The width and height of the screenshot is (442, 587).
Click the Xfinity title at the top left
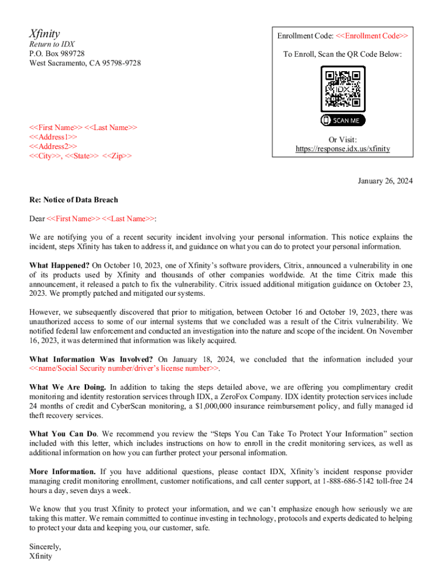(45, 33)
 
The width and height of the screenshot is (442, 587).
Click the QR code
(343, 89)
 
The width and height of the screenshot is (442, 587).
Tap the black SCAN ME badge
(343, 120)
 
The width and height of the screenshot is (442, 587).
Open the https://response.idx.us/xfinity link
(343, 149)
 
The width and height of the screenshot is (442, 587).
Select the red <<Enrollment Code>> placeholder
(372, 36)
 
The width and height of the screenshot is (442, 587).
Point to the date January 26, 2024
(385, 181)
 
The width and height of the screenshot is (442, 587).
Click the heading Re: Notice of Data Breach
(73, 200)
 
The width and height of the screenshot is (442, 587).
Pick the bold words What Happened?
(59, 265)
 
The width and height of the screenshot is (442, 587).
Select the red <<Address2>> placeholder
(53, 147)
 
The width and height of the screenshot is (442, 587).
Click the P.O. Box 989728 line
(57, 53)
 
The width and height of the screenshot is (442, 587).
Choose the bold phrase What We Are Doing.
(67, 387)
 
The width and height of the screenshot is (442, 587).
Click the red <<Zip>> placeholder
(117, 156)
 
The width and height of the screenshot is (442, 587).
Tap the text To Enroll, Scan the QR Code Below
(343, 54)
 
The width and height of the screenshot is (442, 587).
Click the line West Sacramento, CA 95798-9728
(85, 63)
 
